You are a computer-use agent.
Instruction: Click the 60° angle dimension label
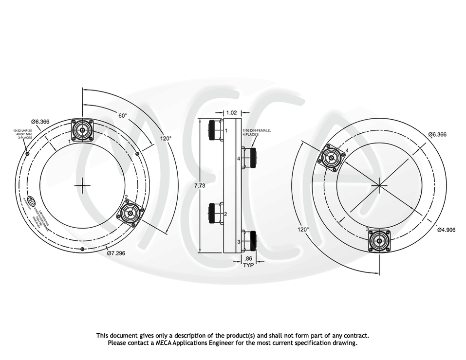tap(122, 116)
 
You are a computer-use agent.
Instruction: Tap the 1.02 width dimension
tap(232, 113)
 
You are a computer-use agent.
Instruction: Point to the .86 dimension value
tap(248, 258)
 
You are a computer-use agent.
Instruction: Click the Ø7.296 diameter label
tap(116, 253)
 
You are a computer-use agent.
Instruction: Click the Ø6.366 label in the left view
tap(40, 122)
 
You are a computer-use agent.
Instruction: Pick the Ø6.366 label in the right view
tap(437, 135)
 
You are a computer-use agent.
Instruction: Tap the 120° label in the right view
tap(303, 229)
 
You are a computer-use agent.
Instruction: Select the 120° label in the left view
tap(166, 139)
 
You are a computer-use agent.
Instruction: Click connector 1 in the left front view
tap(82, 130)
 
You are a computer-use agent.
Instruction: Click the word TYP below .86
tap(248, 266)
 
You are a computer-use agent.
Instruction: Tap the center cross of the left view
tap(83, 185)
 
